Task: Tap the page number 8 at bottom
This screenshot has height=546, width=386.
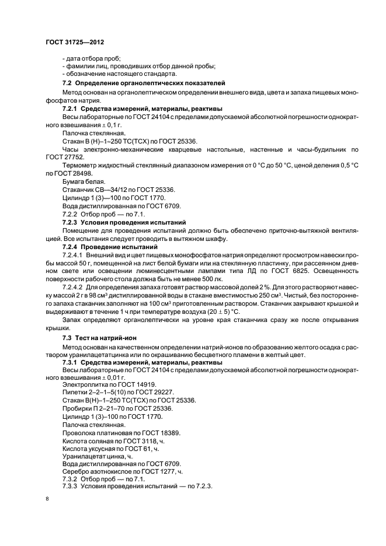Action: (x=47, y=499)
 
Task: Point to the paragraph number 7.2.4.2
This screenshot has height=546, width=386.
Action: (x=73, y=287)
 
